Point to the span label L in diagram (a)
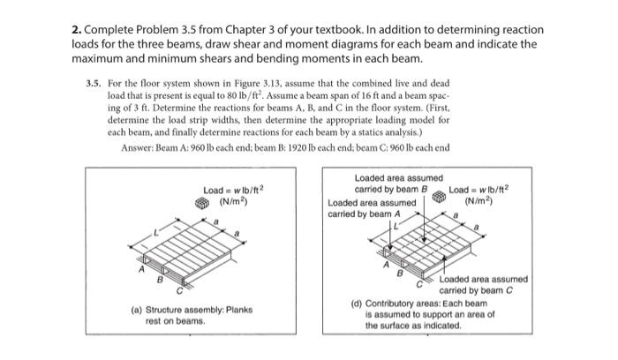coord(157,230)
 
